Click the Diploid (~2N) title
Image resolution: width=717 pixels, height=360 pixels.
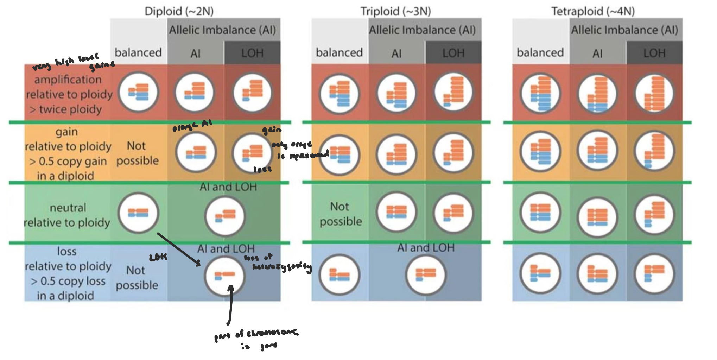179,11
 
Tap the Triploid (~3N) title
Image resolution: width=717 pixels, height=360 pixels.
395,11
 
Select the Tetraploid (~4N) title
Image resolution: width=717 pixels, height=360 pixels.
593,11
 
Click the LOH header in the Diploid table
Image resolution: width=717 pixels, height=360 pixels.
252,53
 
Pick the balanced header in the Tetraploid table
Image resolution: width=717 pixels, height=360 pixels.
540,52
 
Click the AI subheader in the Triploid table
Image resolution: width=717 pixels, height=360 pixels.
396,53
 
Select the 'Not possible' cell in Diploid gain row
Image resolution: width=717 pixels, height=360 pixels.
137,153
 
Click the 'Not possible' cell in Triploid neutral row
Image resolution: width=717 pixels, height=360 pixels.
340,214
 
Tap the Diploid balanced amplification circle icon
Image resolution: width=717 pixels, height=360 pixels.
138,92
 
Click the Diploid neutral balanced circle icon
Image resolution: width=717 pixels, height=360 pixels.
138,213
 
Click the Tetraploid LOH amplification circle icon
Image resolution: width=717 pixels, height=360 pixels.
654,93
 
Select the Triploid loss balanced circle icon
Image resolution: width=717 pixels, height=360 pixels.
340,274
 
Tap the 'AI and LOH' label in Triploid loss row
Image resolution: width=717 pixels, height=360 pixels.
426,248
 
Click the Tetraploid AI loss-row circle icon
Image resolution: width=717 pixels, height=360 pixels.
597,274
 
